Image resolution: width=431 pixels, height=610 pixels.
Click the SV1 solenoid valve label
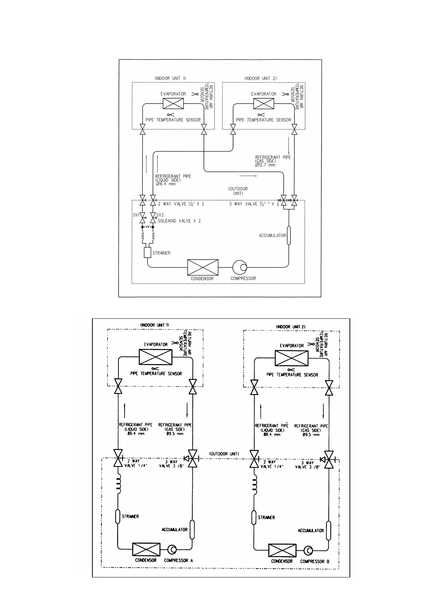136,215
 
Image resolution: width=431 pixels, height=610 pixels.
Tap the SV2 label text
160,215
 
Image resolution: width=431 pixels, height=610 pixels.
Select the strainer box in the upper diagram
147,252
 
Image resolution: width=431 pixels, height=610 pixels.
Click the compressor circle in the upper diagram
240,267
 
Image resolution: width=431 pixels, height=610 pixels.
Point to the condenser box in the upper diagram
203,267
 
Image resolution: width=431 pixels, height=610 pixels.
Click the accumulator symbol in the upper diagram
289,235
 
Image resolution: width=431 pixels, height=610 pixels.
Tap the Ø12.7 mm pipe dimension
265,165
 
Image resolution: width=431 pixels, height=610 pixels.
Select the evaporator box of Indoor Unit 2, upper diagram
264,104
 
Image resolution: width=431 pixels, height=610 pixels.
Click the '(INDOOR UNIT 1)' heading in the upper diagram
170,78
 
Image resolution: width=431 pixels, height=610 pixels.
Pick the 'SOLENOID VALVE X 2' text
179,221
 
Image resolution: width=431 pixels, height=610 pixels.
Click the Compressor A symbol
172,550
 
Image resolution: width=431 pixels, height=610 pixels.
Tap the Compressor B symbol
308,551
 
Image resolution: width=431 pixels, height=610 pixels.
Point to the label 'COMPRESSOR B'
314,561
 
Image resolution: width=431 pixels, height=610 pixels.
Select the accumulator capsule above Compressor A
192,530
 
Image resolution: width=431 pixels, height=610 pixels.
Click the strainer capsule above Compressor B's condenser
254,517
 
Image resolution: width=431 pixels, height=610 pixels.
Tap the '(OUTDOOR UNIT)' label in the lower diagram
224,454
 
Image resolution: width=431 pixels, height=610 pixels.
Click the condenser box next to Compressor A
146,550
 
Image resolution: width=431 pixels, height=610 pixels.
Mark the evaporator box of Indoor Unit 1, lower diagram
155,357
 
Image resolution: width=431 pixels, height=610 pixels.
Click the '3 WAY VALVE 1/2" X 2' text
254,204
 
